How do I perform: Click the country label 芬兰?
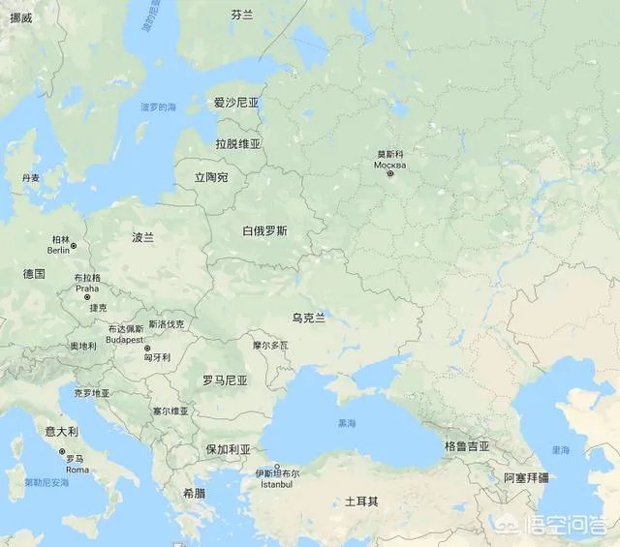(241, 15)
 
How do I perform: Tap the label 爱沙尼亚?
(236, 103)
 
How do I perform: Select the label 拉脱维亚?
(238, 144)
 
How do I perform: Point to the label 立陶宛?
(211, 178)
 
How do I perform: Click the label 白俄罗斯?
(264, 231)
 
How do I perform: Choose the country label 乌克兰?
(308, 318)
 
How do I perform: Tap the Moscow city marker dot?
(390, 173)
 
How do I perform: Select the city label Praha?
(87, 288)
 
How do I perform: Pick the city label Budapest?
(125, 340)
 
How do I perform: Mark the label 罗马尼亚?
(225, 380)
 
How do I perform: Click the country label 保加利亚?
(228, 450)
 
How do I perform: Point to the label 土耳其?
(361, 502)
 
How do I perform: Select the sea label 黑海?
(346, 424)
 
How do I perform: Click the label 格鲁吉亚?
(467, 446)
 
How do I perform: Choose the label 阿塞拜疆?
(526, 477)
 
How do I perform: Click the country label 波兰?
(142, 237)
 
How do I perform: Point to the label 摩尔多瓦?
(270, 345)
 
